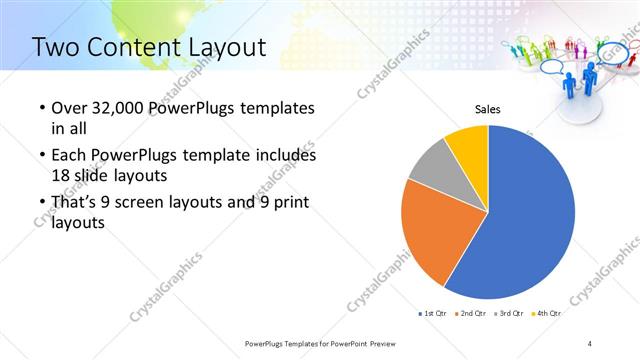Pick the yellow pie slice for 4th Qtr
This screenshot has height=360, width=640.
click(x=468, y=144)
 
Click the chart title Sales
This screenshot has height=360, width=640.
click(x=487, y=109)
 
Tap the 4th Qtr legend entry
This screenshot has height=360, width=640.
click(x=547, y=314)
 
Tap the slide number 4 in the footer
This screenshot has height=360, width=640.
click(x=590, y=344)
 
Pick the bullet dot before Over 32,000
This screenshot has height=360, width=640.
click(x=41, y=109)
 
